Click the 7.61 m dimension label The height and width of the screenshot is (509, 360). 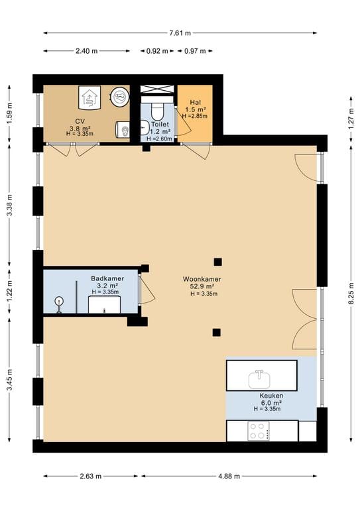click(x=180, y=32)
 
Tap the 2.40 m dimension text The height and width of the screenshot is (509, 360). click(x=86, y=51)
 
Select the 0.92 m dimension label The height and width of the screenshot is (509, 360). click(x=157, y=51)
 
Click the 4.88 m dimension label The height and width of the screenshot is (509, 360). click(x=229, y=477)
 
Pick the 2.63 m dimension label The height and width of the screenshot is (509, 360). click(x=91, y=477)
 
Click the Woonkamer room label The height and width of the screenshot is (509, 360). click(x=202, y=279)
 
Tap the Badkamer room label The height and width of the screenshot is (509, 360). click(x=107, y=278)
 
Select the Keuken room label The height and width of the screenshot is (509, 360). click(x=271, y=396)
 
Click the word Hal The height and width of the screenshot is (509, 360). click(x=196, y=103)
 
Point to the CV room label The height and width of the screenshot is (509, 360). click(x=80, y=121)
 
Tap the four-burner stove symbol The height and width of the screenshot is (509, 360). click(x=259, y=431)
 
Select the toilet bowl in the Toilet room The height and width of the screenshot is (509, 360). click(x=158, y=112)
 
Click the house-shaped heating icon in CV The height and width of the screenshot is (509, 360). click(x=90, y=97)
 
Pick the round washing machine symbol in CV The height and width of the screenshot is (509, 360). click(x=119, y=96)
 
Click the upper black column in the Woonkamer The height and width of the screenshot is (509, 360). click(x=218, y=262)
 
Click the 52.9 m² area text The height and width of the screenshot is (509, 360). click(x=202, y=286)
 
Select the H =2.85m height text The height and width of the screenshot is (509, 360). click(x=195, y=116)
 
